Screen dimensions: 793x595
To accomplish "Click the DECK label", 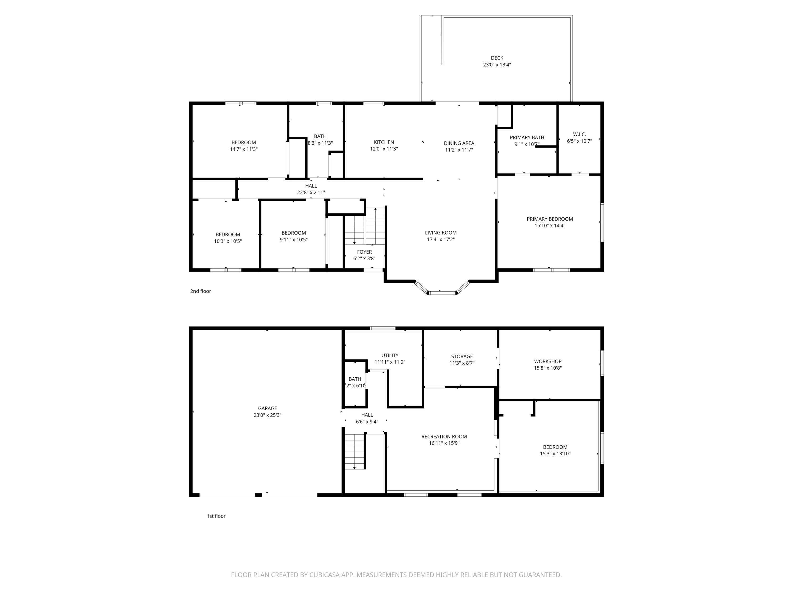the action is pos(497,58).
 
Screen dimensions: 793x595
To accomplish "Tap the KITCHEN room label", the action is pos(384,142).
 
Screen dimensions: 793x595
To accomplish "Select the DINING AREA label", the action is pos(459,143).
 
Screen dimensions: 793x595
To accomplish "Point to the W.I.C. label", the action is pos(579,134).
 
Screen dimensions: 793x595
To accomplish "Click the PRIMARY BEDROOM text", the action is pos(550,219).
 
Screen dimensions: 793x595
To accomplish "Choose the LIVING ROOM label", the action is pos(441,232).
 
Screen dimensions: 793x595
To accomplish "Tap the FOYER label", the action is pos(364,252).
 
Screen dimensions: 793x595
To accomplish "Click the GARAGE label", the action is pos(268,408).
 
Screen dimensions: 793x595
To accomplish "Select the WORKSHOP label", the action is pos(548,361).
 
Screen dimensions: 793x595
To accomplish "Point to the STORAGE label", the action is pos(462,356).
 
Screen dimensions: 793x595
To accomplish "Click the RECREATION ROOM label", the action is pos(444,437).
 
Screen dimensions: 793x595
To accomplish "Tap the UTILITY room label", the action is pos(390,355).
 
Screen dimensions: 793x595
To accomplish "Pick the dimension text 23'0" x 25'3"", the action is pos(268,415).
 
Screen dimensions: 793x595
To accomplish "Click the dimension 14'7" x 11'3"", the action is pos(244,149).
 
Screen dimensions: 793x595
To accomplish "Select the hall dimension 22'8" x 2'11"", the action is pos(311,193).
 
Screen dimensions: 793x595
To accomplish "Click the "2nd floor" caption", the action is pos(200,291).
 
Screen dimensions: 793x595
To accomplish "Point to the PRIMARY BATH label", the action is pos(527,137).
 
